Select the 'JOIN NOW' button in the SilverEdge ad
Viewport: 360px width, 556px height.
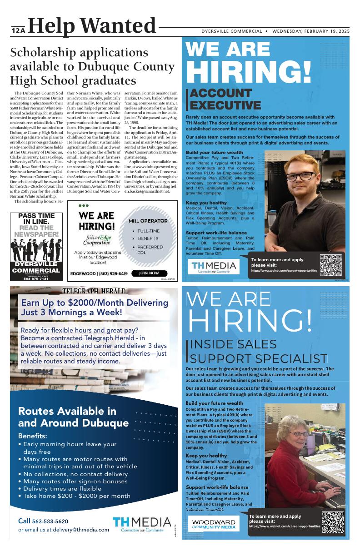coord(149,273)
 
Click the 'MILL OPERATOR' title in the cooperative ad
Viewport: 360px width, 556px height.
coord(148,221)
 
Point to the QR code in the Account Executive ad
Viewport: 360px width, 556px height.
coord(330,265)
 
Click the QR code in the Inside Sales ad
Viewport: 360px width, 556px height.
coord(332,522)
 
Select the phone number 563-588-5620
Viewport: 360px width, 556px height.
coord(50,521)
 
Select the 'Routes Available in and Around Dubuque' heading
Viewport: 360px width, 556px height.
coord(73,417)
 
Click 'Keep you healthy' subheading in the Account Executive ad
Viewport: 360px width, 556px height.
coord(206,203)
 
